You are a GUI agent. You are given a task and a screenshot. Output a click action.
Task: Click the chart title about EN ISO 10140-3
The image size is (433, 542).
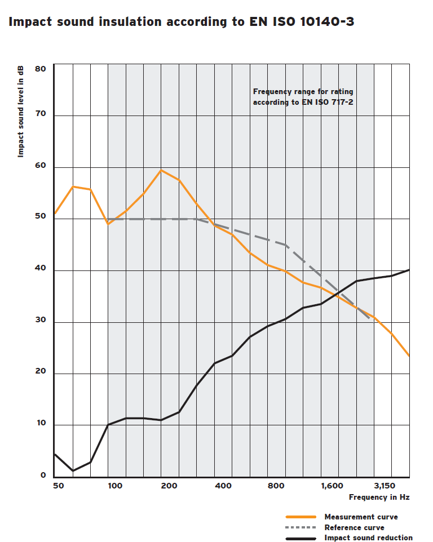tap(181, 22)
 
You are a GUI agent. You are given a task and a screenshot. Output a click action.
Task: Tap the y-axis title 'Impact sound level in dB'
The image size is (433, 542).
tap(21, 111)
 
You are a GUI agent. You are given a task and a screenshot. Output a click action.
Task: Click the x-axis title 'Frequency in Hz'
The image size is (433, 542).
tap(379, 497)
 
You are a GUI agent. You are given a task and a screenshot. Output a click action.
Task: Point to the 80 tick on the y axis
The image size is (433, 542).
tap(40, 69)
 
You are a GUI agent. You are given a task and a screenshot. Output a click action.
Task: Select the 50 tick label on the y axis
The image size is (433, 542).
tap(40, 219)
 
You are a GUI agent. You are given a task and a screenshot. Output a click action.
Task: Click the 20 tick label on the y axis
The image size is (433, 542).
tap(40, 373)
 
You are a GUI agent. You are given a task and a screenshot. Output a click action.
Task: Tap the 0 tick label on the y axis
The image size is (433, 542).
tap(43, 476)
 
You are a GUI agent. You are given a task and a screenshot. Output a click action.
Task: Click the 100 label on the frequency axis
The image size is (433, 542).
tap(115, 486)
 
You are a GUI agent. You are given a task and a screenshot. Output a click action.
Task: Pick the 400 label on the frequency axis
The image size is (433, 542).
tap(223, 486)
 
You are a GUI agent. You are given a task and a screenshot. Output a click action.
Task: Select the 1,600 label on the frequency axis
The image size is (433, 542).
tap(332, 486)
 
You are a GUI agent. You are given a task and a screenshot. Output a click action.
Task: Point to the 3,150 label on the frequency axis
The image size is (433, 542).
tap(385, 486)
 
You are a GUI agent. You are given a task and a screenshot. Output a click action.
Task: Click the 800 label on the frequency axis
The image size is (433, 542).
tap(277, 486)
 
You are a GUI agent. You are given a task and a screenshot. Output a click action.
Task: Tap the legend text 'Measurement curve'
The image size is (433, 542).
tap(361, 517)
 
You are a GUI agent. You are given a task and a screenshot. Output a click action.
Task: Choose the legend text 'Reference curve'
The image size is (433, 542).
tap(354, 527)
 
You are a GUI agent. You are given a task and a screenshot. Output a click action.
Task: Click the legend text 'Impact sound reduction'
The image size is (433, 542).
tap(368, 537)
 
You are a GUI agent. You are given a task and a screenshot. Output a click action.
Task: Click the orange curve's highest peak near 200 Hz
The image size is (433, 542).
tap(161, 170)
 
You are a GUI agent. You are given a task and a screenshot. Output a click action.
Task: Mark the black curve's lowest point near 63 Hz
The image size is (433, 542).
tap(73, 470)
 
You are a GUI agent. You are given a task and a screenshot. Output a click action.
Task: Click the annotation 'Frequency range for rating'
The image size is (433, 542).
tap(303, 91)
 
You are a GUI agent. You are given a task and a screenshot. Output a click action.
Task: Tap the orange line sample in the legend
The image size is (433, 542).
tap(302, 517)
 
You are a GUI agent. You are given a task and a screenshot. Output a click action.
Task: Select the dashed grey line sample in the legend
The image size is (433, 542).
tap(302, 527)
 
